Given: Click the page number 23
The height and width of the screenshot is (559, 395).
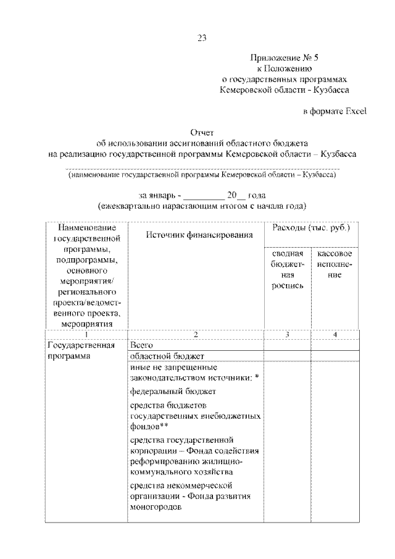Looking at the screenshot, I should [x=201, y=38].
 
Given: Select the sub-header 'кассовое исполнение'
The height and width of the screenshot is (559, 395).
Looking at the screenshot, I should [x=335, y=264].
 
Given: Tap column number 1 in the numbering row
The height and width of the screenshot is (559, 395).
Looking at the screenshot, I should [x=86, y=334].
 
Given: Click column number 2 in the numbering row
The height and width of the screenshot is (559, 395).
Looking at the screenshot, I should [x=196, y=334].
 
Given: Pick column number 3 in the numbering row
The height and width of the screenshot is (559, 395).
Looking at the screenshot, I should [x=287, y=334].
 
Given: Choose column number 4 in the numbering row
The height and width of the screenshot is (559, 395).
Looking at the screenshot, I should [x=335, y=334].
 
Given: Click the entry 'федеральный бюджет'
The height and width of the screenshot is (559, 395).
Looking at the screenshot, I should [x=173, y=391].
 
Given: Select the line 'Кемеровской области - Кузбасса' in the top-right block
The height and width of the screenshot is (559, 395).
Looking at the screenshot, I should [x=285, y=90].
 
